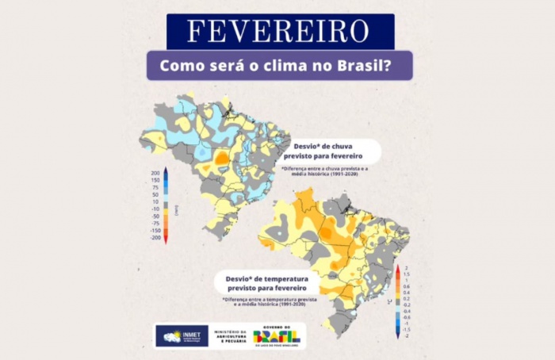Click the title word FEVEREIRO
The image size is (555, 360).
tap(279, 32)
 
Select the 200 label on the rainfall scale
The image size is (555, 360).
tap(155, 172)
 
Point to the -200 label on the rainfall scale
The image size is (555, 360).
tap(155, 237)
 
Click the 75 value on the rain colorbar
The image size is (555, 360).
tap(156, 188)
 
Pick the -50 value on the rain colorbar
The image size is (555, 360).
tap(156, 216)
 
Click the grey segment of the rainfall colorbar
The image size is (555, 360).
tap(165, 205)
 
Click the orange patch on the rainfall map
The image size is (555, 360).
tap(223, 158)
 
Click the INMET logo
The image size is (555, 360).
tap(182, 336)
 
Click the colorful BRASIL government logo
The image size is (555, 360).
tap(278, 335)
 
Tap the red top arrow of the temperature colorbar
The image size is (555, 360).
tap(398, 270)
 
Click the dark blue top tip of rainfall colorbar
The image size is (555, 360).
tap(165, 171)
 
